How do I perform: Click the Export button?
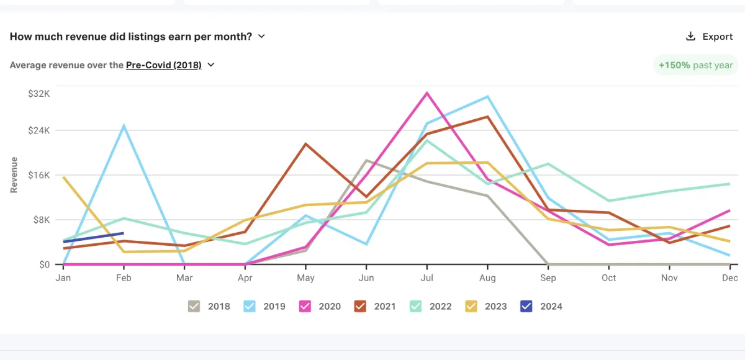click(x=709, y=37)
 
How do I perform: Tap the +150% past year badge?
click(x=695, y=65)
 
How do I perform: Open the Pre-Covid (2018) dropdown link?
click(x=164, y=65)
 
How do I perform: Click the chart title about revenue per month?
click(x=131, y=36)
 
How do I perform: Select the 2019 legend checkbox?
click(x=250, y=306)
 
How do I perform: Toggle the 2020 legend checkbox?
click(x=305, y=306)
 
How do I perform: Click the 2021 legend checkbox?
click(x=360, y=306)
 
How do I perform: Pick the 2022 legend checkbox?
click(x=415, y=306)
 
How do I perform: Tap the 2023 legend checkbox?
click(x=471, y=306)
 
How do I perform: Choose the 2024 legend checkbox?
click(x=526, y=306)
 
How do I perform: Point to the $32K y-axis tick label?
click(x=38, y=94)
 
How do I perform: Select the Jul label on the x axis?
click(x=427, y=277)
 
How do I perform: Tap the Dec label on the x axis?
click(x=729, y=277)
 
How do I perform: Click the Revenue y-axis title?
click(x=14, y=174)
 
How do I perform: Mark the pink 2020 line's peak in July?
click(x=427, y=93)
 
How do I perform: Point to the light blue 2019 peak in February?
click(x=124, y=126)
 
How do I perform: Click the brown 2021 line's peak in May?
click(x=305, y=144)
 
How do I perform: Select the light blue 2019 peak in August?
click(x=488, y=97)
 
